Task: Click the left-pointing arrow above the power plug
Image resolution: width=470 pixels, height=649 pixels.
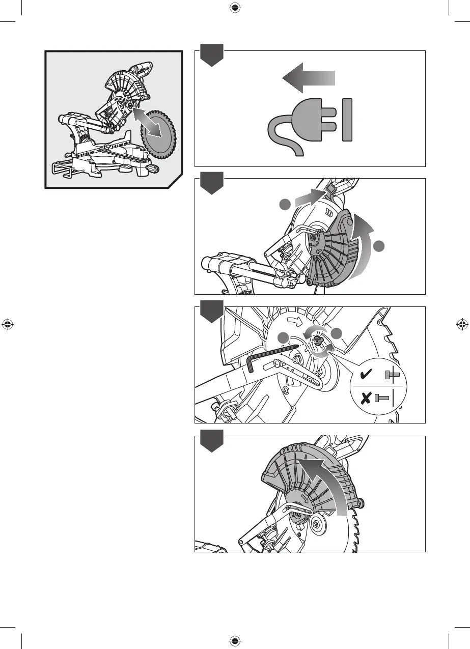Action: click(x=308, y=78)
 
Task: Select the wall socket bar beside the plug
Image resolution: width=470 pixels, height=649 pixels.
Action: click(x=348, y=120)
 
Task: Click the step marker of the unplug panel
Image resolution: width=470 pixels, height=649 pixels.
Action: click(x=211, y=55)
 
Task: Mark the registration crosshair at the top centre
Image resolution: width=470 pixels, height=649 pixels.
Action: click(x=234, y=8)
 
